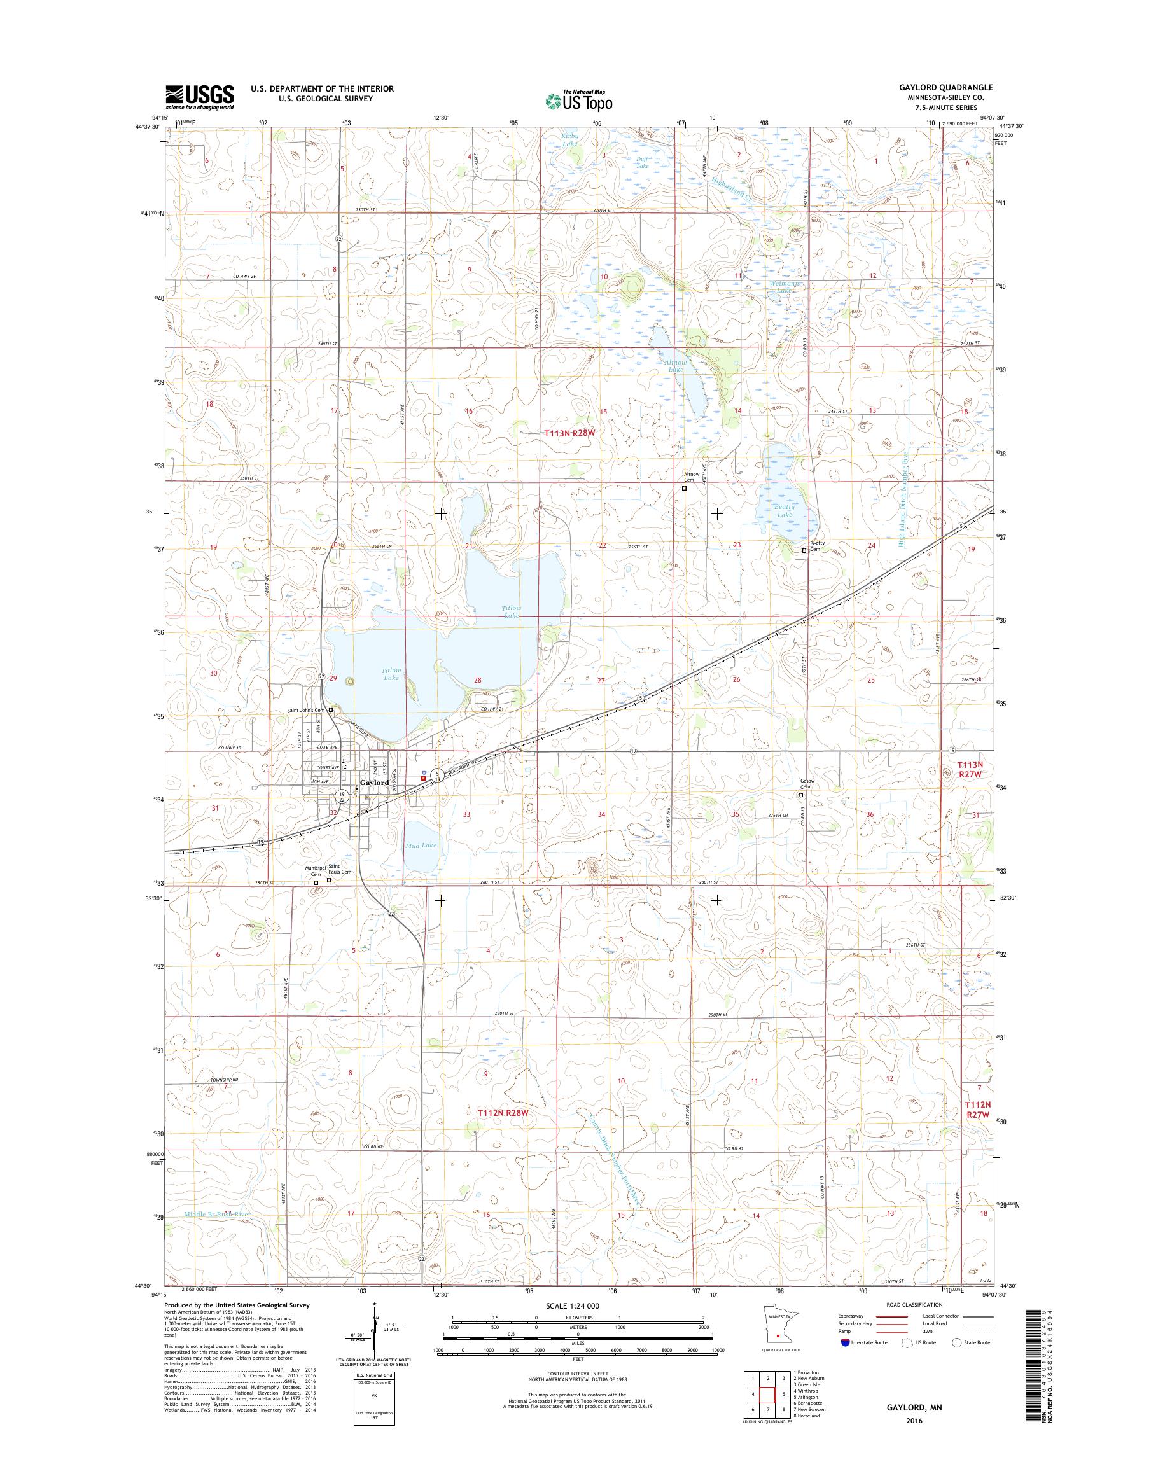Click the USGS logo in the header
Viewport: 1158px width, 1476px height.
point(200,97)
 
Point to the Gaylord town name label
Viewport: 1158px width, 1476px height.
point(375,783)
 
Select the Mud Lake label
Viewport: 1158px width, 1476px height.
point(421,845)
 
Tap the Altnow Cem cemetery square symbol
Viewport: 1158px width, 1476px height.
point(684,487)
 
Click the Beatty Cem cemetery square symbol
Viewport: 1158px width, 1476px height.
point(804,550)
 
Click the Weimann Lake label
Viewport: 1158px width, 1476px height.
point(785,286)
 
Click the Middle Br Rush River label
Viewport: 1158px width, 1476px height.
point(218,1215)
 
